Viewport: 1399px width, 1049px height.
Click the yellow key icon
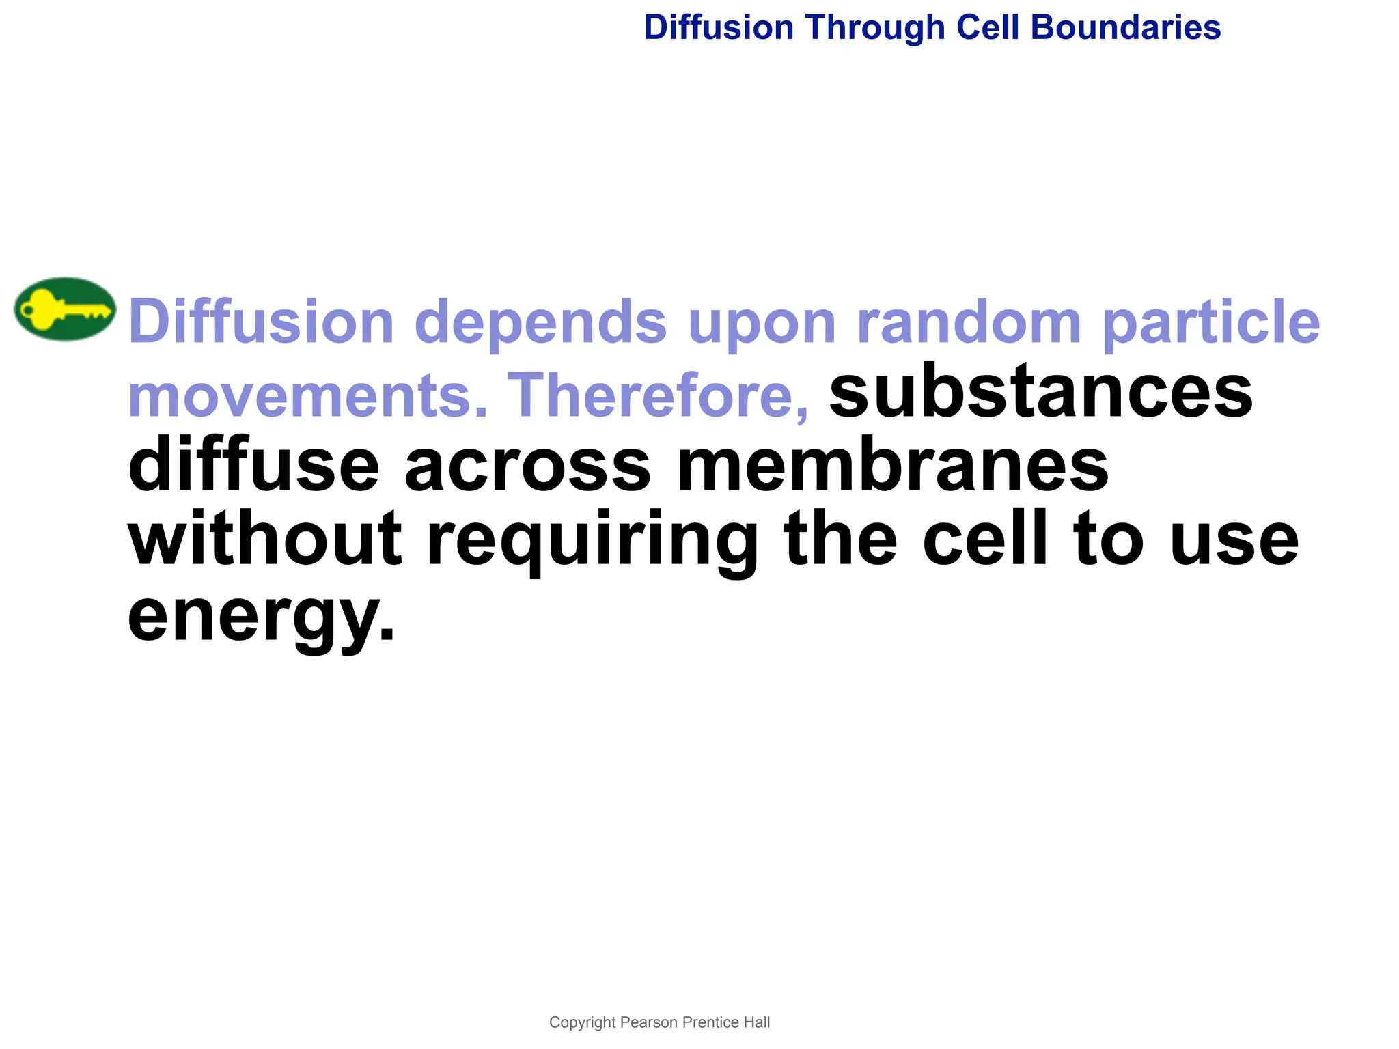click(64, 309)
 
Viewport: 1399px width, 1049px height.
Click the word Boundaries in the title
click(1125, 28)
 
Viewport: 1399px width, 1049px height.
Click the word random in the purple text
click(969, 322)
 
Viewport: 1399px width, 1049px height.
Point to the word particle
click(1211, 322)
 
